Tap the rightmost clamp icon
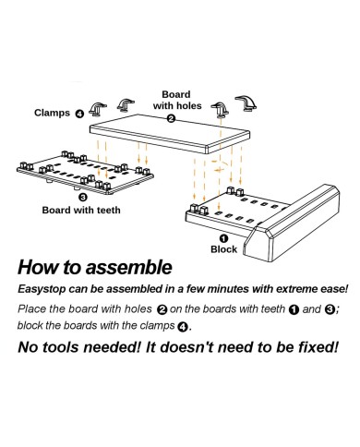[x=247, y=102]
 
